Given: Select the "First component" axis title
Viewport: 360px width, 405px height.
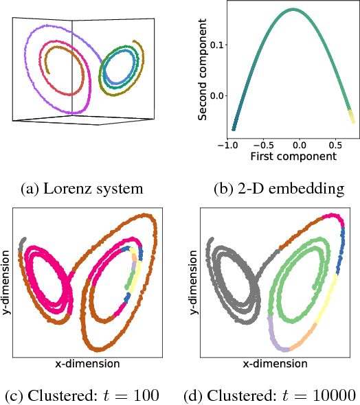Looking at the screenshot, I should click(293, 157).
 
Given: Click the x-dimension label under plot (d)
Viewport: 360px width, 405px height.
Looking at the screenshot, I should click(273, 363).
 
